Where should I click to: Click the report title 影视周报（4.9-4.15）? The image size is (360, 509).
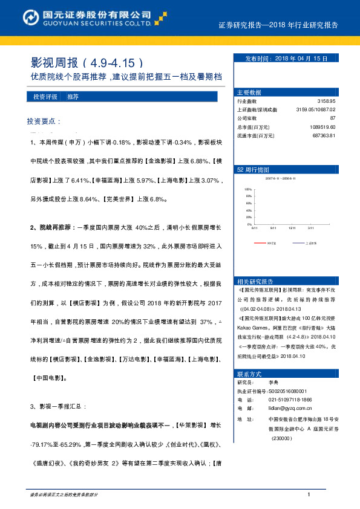(87, 62)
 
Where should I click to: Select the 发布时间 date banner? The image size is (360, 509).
(286, 59)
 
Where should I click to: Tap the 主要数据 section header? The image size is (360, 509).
(249, 92)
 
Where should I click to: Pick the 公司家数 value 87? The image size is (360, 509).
(332, 118)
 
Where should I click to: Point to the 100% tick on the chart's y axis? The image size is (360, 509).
(247, 190)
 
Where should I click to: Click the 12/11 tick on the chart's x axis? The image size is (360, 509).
(292, 228)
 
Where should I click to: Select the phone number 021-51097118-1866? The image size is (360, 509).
(290, 400)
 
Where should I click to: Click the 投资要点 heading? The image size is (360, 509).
(44, 121)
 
